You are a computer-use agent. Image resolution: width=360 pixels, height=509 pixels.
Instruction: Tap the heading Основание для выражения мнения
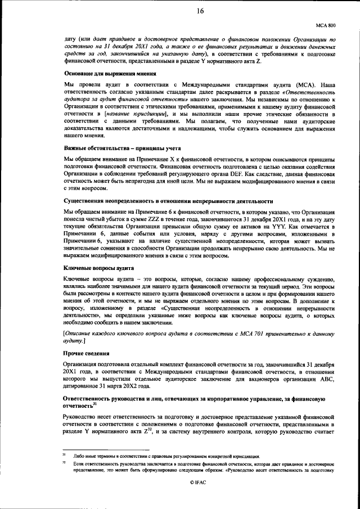click(110, 74)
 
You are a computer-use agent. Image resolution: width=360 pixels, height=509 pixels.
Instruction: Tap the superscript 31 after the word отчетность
click(96, 402)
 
